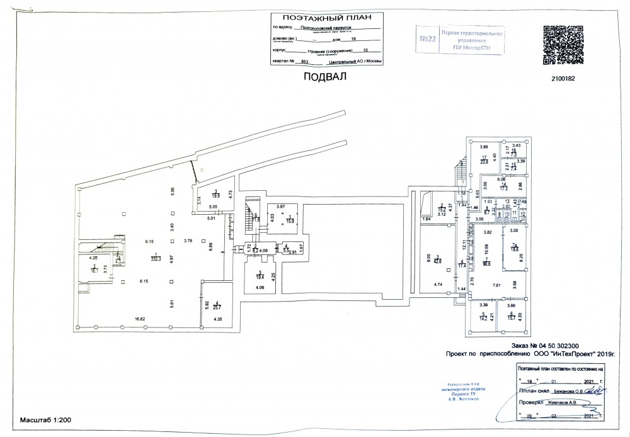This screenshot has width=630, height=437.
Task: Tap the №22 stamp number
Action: tap(428, 39)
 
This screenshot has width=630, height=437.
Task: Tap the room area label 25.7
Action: tap(217, 308)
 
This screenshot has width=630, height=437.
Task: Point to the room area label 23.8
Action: tap(484, 161)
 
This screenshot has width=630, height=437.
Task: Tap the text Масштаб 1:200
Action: tap(45, 419)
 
